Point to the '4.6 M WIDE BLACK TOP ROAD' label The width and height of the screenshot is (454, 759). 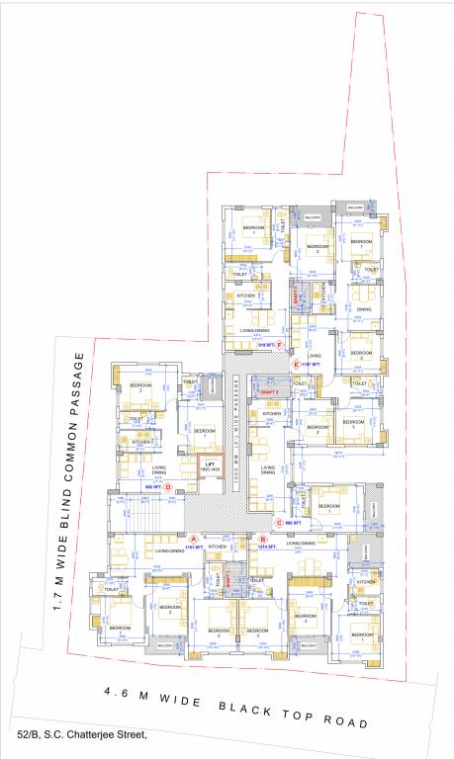coord(236,710)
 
